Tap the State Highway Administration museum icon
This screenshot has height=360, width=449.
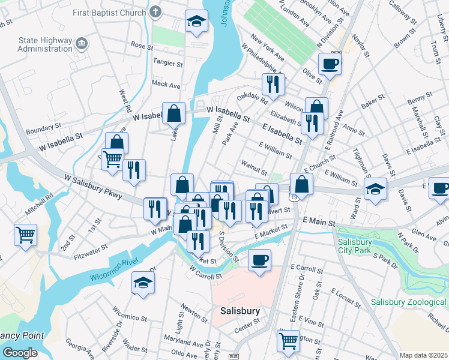82,44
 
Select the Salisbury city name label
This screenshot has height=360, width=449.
240,311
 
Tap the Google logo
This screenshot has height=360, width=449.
20,353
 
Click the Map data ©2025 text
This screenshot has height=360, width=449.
423,355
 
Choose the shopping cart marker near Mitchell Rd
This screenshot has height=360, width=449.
25,235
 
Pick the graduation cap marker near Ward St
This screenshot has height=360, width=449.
376,190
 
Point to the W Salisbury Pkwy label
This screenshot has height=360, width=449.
94,187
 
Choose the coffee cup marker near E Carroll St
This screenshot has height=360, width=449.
259,260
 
